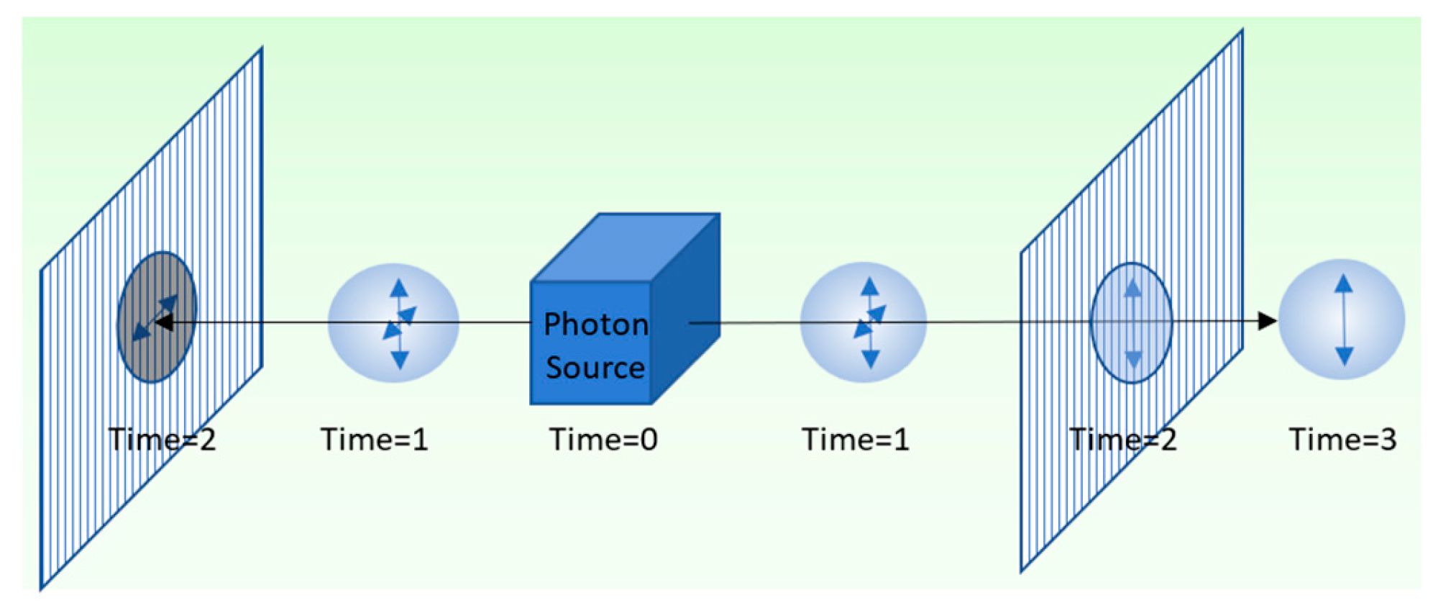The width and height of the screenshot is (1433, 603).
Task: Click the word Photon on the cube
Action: point(595,325)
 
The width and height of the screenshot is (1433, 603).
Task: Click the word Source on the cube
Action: point(595,368)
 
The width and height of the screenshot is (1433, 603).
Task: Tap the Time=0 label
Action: point(603,439)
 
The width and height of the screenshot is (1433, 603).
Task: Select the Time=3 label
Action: point(1342,439)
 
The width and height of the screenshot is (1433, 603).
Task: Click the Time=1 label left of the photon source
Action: point(374,439)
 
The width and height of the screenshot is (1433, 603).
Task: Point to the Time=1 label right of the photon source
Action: point(855,439)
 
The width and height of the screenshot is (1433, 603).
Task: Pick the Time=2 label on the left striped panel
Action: point(162,439)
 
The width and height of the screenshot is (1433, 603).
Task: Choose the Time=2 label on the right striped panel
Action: point(1123,439)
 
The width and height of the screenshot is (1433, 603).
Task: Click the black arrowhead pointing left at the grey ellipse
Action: point(164,322)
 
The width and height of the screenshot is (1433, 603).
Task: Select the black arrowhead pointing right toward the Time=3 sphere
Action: point(1267,321)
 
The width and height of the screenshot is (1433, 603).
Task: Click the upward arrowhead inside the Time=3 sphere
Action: point(1343,283)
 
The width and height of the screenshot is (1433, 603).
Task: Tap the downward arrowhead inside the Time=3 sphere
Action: point(1344,355)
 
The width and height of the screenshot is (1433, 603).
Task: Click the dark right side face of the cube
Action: point(685,309)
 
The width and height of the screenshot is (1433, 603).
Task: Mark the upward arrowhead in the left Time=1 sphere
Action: point(399,289)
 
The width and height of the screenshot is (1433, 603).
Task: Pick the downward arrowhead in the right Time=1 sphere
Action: point(870,358)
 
